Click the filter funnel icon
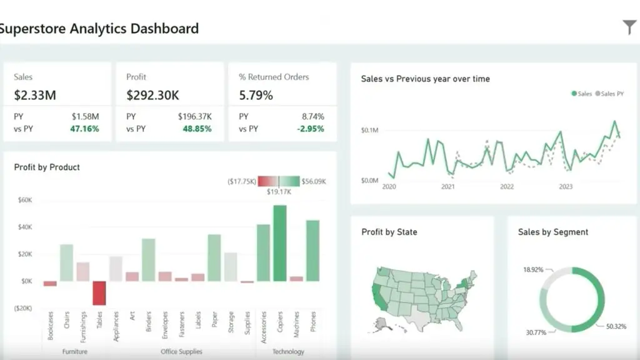click(x=629, y=27)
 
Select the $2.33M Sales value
click(x=35, y=96)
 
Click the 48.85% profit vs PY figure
click(x=197, y=129)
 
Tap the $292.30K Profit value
click(x=153, y=96)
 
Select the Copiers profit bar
click(x=279, y=243)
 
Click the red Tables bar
click(x=99, y=292)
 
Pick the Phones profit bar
click(x=312, y=251)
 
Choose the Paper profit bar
click(x=214, y=257)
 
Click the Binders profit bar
click(x=148, y=259)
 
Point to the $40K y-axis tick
click(x=24, y=227)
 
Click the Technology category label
click(x=288, y=352)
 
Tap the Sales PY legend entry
click(x=612, y=94)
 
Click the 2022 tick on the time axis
click(x=506, y=186)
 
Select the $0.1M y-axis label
click(x=369, y=131)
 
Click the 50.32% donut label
click(x=616, y=326)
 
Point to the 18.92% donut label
click(x=532, y=269)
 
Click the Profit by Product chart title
click(x=47, y=167)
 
